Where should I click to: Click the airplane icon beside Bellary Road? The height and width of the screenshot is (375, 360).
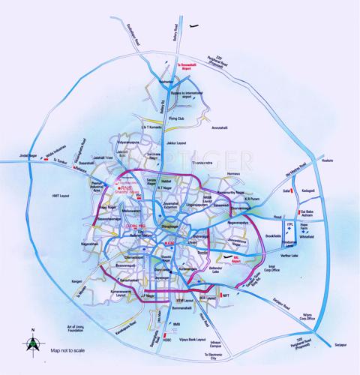click(196, 26)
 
